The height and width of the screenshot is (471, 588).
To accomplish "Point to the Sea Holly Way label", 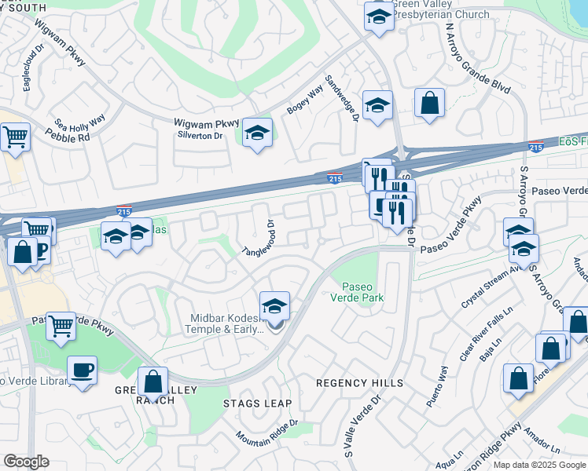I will [x=80, y=122].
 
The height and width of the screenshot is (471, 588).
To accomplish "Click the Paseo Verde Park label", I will [x=362, y=291].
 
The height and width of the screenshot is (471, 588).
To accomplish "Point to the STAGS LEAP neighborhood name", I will [x=257, y=403].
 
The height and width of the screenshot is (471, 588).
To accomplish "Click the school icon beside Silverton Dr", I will [x=257, y=133].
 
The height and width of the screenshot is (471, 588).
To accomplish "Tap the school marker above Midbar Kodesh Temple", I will [x=274, y=306].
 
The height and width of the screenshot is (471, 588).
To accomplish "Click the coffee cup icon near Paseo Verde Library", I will [x=82, y=370].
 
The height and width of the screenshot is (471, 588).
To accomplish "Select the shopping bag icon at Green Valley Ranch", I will [x=153, y=383].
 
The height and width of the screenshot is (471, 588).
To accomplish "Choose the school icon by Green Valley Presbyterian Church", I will [x=379, y=16].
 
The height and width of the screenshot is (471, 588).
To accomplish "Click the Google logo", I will [x=25, y=462].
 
